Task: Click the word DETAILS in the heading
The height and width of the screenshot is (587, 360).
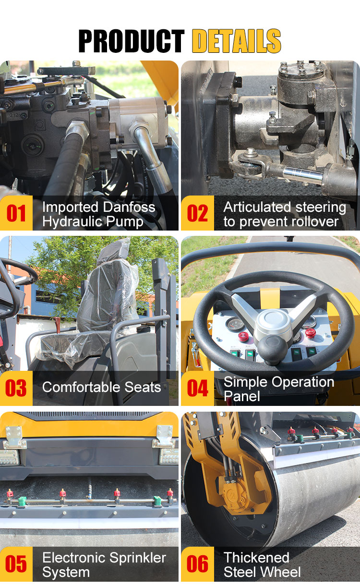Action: click(x=237, y=41)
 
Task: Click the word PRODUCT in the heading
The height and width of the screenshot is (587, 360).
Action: click(x=132, y=41)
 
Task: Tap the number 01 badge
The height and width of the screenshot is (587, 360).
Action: click(x=16, y=213)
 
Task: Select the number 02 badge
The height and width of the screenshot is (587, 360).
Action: click(x=198, y=213)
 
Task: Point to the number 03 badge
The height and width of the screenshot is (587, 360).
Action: click(x=16, y=388)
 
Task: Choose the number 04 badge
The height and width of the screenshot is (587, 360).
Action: click(x=198, y=388)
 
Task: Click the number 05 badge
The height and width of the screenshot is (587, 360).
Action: click(x=16, y=564)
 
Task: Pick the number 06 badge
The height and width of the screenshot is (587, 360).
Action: click(x=198, y=564)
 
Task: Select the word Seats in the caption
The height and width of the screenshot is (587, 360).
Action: click(x=143, y=387)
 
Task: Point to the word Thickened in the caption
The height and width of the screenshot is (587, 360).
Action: click(x=256, y=558)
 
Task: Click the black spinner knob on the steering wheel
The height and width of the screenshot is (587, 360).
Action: click(x=273, y=350)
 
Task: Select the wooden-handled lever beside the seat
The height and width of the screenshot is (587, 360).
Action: click(x=57, y=324)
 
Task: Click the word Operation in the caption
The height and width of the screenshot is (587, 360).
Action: click(x=303, y=382)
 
